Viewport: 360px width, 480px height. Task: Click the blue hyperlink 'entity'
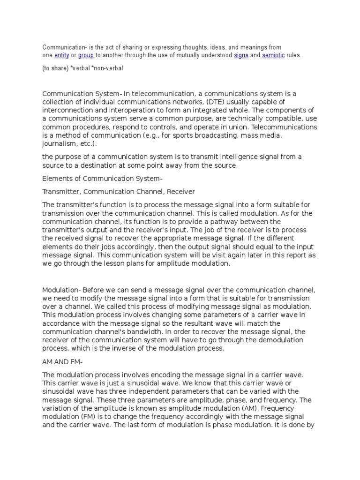point(62,55)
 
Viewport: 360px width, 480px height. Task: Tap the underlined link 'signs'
point(241,55)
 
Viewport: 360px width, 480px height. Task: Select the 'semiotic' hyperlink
point(273,55)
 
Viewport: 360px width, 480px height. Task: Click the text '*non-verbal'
point(109,68)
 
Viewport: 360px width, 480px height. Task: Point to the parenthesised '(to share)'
point(55,68)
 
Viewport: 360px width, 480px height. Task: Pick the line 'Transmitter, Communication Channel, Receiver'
point(119,192)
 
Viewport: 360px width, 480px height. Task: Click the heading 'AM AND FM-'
point(61,362)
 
